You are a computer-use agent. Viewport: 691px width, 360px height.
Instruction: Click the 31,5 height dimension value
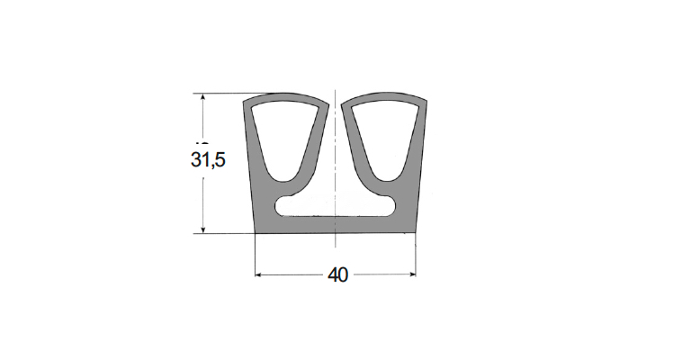pyautogui.click(x=208, y=159)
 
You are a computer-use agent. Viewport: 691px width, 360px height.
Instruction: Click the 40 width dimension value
pyautogui.click(x=338, y=275)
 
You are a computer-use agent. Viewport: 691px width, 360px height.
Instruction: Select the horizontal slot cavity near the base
pyautogui.click(x=335, y=207)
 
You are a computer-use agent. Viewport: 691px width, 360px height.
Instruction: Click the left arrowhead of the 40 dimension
pyautogui.click(x=259, y=275)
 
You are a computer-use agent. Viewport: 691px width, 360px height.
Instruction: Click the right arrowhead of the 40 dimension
pyautogui.click(x=412, y=275)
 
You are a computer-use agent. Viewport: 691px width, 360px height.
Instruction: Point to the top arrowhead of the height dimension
pyautogui.click(x=202, y=97)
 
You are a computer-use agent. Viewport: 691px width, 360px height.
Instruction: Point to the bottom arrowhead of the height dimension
pyautogui.click(x=202, y=229)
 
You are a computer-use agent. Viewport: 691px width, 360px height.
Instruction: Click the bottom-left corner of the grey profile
pyautogui.click(x=256, y=233)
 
